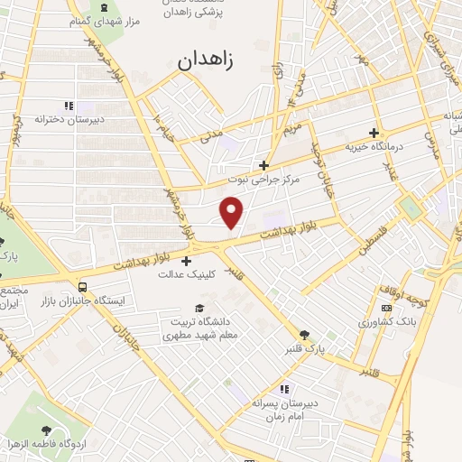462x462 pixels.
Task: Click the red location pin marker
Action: click(x=233, y=211)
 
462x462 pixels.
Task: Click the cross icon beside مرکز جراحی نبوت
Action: click(x=263, y=165)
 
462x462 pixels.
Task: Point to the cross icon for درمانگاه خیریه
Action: click(x=373, y=134)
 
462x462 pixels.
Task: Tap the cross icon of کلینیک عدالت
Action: click(x=186, y=261)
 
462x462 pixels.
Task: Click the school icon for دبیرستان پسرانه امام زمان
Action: click(x=284, y=390)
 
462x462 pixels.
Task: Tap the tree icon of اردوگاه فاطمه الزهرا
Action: click(x=67, y=430)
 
